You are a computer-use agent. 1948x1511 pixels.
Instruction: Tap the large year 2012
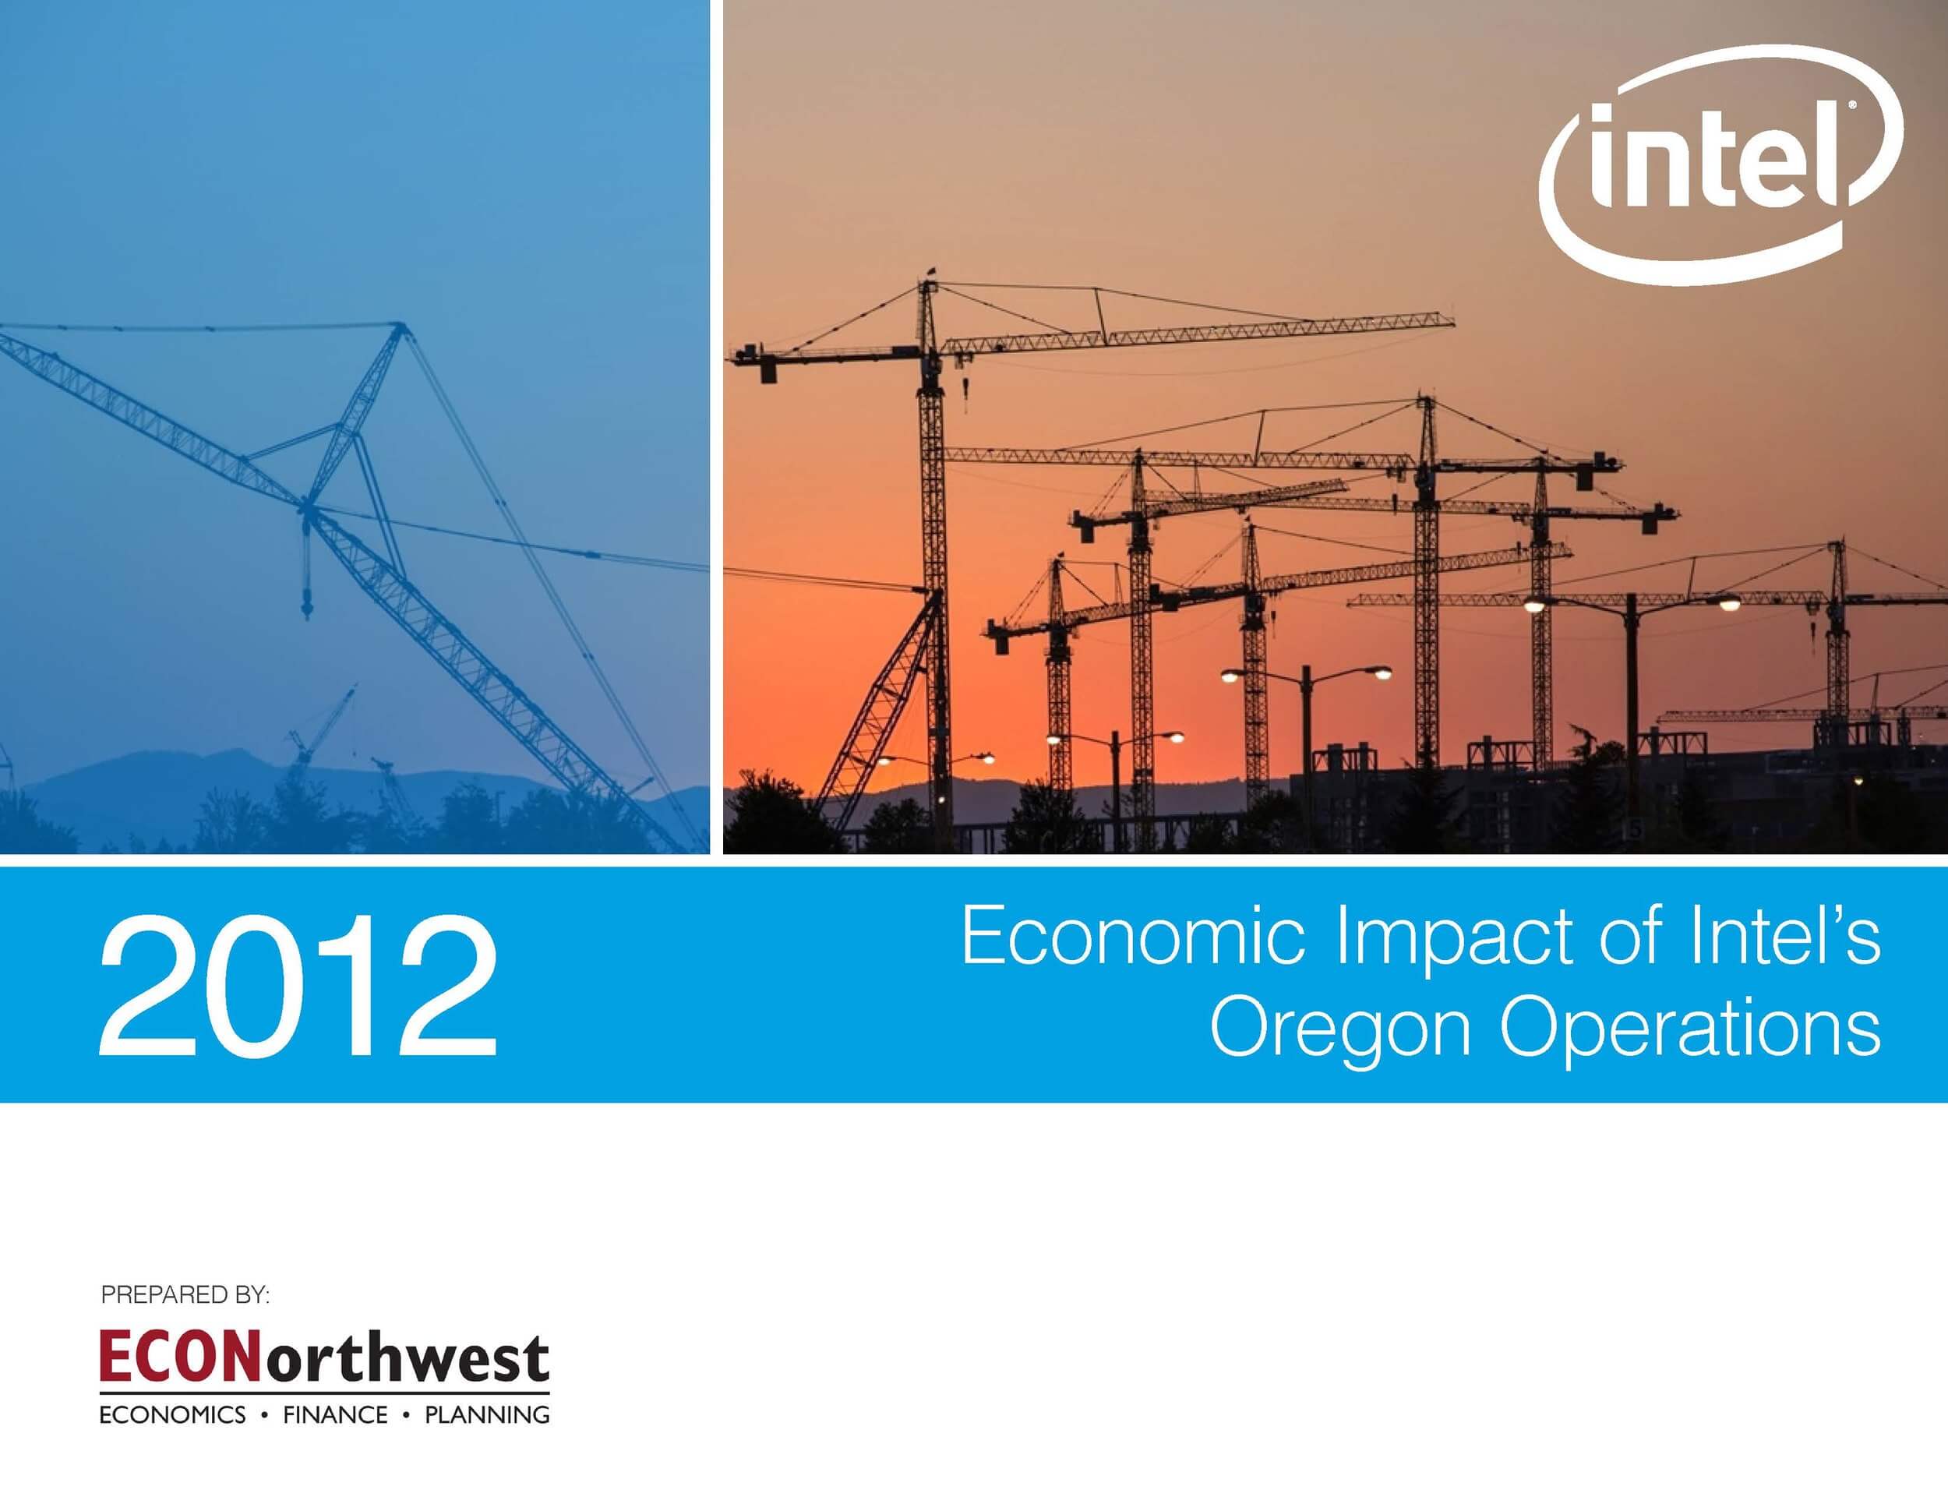(x=298, y=987)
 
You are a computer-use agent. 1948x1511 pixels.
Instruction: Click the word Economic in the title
(x=1133, y=937)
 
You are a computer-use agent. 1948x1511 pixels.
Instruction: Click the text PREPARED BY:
(x=185, y=1294)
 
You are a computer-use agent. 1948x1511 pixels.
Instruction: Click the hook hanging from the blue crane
(x=308, y=611)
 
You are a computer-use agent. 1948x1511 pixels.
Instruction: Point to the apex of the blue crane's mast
(x=400, y=327)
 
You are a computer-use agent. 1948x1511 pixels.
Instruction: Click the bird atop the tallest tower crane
(x=932, y=270)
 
